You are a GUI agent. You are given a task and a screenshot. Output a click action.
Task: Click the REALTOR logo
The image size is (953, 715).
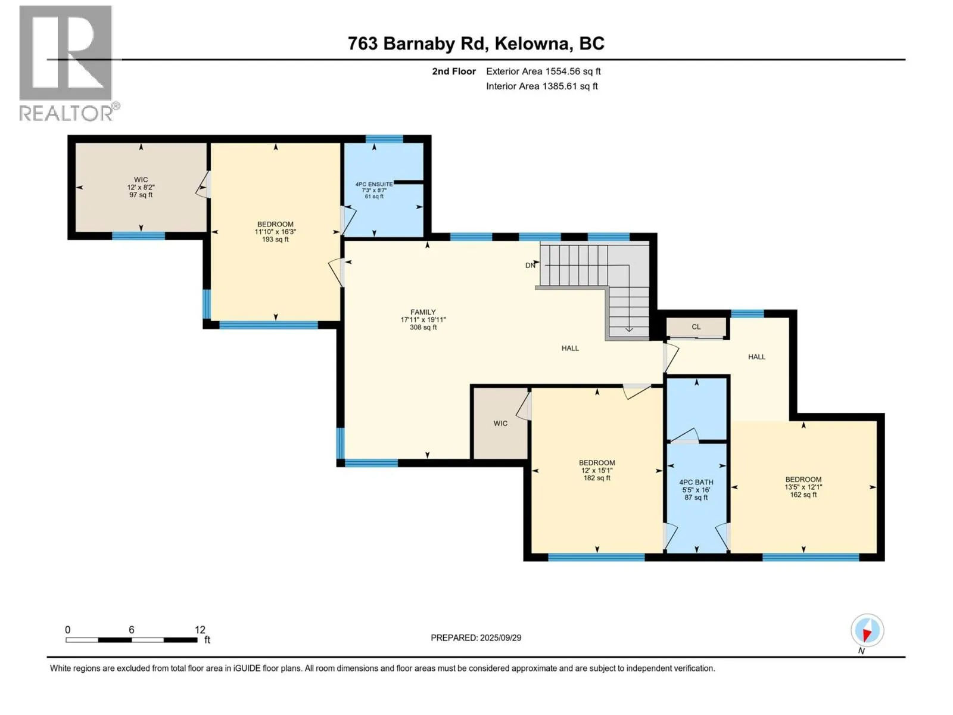[x=68, y=63]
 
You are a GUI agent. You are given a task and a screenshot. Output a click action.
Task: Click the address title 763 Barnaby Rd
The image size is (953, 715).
[x=416, y=43]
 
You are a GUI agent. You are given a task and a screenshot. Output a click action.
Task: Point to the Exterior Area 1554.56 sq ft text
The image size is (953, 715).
[x=543, y=71]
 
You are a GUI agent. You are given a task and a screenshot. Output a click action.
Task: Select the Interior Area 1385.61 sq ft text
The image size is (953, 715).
[x=542, y=86]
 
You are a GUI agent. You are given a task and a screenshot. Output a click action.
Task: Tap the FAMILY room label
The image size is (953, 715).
[x=423, y=312]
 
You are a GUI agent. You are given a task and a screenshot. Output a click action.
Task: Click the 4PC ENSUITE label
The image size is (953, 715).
[x=374, y=184]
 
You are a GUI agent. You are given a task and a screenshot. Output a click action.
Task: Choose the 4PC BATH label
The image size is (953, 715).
[x=696, y=482]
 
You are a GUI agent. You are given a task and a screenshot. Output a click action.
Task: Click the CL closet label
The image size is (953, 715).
[x=696, y=327]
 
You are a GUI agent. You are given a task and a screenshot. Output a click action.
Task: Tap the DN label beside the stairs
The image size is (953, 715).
[x=530, y=265]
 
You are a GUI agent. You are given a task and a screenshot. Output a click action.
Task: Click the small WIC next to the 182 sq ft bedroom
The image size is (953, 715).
[x=500, y=423]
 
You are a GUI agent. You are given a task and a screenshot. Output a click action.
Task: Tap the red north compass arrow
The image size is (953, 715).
[x=866, y=635]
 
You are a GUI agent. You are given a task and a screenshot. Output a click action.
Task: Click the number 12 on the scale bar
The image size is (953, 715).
[x=200, y=629]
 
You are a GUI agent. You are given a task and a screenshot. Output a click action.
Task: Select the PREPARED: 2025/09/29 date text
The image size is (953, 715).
[x=476, y=638]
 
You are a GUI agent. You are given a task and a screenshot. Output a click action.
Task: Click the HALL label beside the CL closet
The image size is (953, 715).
[x=756, y=357]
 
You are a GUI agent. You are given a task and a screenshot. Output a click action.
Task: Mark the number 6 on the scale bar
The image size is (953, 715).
[x=131, y=629]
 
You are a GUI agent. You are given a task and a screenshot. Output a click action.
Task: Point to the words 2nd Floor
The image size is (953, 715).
[x=454, y=71]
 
